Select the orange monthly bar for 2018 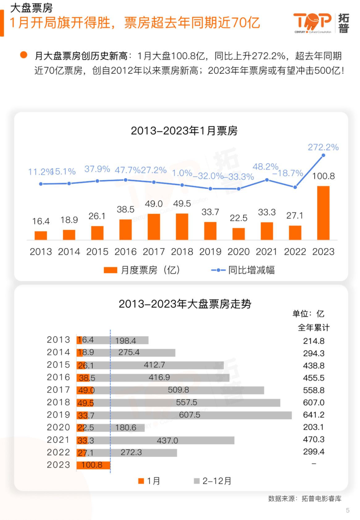pyautogui.click(x=182, y=226)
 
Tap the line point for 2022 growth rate pyautogui.click(x=295, y=187)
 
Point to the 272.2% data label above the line pyautogui.click(x=323, y=147)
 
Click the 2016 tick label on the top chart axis pyautogui.click(x=125, y=252)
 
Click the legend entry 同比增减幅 pyautogui.click(x=244, y=270)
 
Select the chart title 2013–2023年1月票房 pyautogui.click(x=184, y=131)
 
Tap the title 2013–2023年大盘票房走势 pyautogui.click(x=185, y=304)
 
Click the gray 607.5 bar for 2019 pyautogui.click(x=201, y=415)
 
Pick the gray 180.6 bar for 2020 pyautogui.click(x=127, y=428)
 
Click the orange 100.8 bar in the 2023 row pyautogui.click(x=93, y=465)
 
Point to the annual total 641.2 pyautogui.click(x=314, y=415)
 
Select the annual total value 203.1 pyautogui.click(x=313, y=427)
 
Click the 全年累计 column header pyautogui.click(x=314, y=328)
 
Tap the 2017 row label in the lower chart pyautogui.click(x=58, y=390)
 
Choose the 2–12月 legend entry pyautogui.click(x=213, y=481)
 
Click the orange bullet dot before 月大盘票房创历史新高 pyautogui.click(x=24, y=55)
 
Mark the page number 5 pyautogui.click(x=348, y=510)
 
